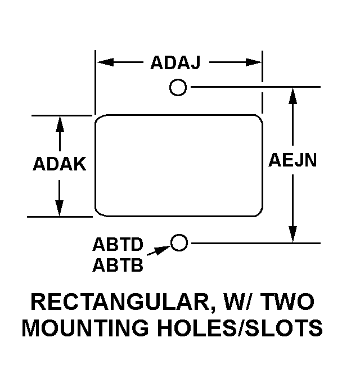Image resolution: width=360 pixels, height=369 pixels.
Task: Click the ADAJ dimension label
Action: tap(175, 63)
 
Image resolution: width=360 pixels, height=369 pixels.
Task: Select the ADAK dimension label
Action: tap(59, 164)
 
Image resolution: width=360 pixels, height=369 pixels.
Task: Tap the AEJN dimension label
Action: tap(292, 161)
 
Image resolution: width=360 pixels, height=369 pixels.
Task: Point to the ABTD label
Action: tap(118, 246)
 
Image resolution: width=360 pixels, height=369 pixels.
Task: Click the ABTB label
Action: tap(118, 264)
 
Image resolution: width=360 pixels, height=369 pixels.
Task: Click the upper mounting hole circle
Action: tap(178, 87)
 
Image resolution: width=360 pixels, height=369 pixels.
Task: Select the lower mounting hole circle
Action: tap(179, 242)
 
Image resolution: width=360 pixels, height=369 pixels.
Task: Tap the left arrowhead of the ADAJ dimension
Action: tap(104, 62)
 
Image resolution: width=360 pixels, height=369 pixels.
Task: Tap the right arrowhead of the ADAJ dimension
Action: tap(254, 62)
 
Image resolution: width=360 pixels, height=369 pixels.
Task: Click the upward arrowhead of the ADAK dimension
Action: tap(59, 124)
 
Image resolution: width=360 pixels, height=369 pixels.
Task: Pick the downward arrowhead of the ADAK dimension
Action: tap(59, 208)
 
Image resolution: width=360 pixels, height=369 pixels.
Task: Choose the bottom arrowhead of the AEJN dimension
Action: tap(292, 235)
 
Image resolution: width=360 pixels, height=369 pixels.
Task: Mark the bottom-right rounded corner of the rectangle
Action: tap(257, 211)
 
